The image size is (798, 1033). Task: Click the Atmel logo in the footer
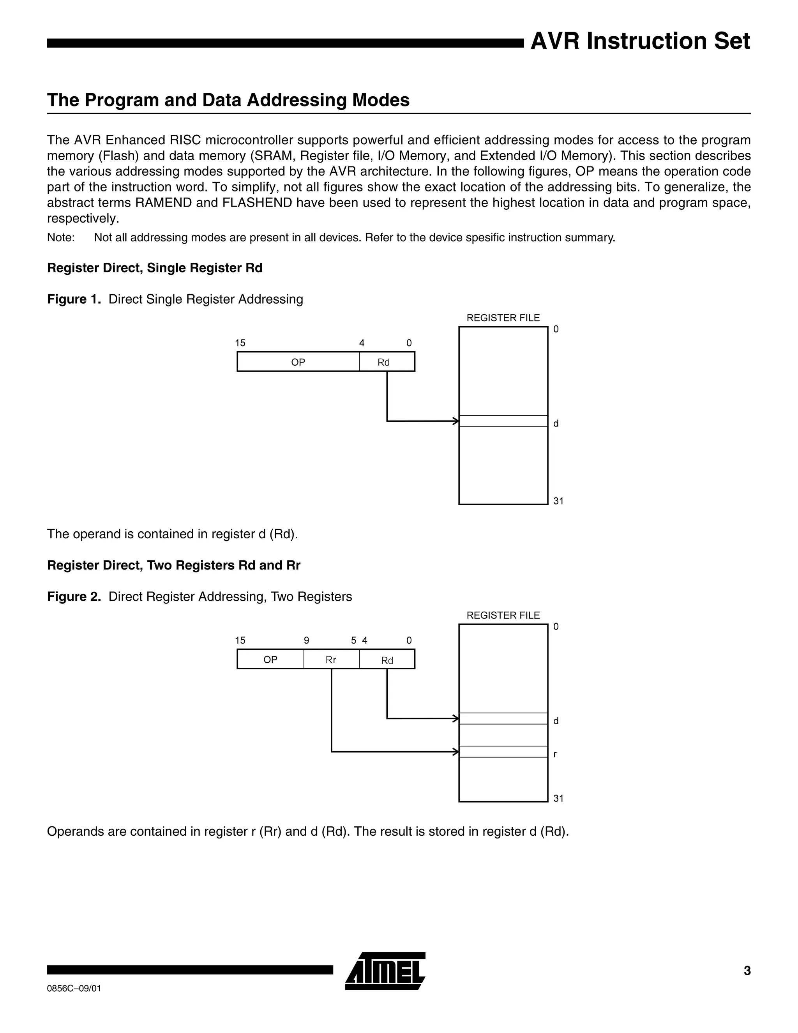pos(385,970)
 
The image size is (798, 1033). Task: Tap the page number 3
pos(747,971)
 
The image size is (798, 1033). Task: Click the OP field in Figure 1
pos(298,362)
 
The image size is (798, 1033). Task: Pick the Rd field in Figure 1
pos(384,362)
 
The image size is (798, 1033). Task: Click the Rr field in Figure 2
pos(331,660)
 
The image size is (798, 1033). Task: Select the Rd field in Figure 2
pos(387,660)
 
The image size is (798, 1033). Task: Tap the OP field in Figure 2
pos(270,660)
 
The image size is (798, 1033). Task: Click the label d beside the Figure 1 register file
pos(556,424)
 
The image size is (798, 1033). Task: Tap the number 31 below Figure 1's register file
pos(558,501)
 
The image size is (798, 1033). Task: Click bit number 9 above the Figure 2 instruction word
pos(306,640)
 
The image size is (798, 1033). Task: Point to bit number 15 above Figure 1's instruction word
pos(240,343)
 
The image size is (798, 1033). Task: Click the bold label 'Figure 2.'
pos(74,597)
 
